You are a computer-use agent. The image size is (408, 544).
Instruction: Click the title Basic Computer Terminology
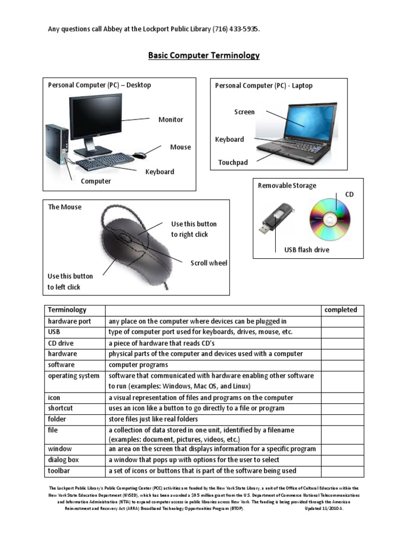click(203, 55)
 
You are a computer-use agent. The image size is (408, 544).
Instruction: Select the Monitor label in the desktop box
click(171, 120)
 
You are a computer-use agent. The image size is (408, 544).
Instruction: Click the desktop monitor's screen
click(96, 117)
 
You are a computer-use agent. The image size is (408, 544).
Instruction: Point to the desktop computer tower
click(56, 144)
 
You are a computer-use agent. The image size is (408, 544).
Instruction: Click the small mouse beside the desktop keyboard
click(140, 155)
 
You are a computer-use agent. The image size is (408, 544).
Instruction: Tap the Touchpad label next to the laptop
click(233, 163)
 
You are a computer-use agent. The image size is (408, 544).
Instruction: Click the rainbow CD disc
click(330, 219)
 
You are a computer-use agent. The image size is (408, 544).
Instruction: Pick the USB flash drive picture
click(275, 218)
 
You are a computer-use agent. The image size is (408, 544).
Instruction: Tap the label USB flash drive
click(307, 250)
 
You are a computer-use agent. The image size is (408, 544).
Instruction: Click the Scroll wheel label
click(209, 263)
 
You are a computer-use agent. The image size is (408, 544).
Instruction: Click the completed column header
click(341, 310)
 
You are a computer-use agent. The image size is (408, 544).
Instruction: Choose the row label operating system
click(73, 376)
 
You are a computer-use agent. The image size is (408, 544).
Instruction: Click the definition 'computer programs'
click(138, 365)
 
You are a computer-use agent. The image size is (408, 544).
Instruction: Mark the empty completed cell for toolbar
click(342, 471)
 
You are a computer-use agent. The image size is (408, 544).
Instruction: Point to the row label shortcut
click(61, 409)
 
